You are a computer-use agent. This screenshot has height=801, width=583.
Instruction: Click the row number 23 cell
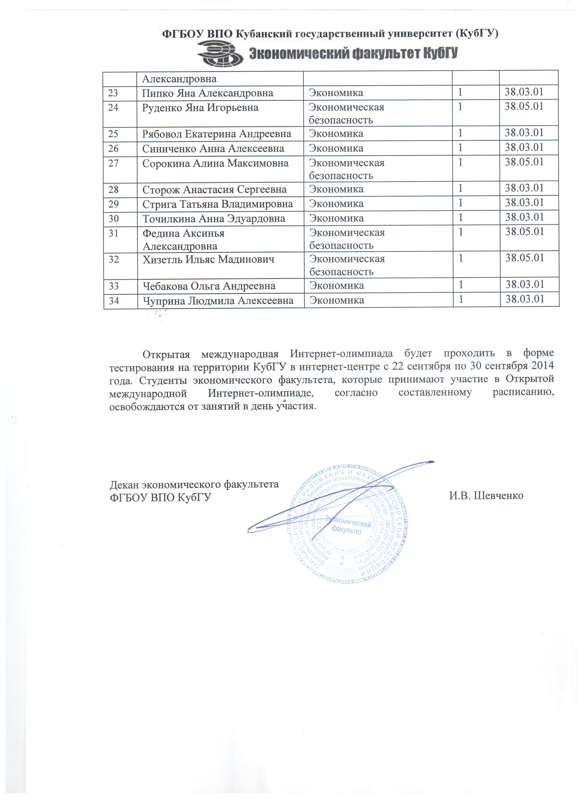113,93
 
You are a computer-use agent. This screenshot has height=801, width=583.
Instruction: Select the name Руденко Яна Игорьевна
200,108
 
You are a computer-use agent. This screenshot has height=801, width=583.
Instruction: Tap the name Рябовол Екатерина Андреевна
216,134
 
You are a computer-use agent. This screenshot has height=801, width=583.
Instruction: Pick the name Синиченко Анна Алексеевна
213,149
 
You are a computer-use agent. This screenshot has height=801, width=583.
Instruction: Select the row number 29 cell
114,204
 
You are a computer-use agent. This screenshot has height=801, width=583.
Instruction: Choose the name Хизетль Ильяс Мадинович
208,260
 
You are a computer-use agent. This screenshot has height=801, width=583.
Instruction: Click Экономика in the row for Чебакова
337,286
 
